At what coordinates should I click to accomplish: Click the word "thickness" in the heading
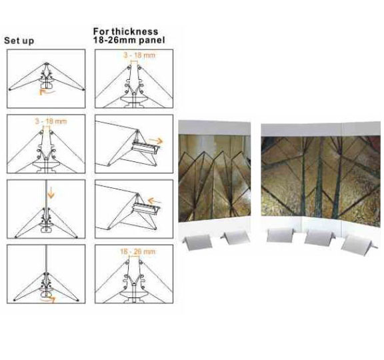click(135, 31)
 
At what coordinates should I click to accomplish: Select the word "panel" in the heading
click(152, 41)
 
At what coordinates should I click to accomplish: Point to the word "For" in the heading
click(101, 31)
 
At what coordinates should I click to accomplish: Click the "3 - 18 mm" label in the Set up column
click(51, 121)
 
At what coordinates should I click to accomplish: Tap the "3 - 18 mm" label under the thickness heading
click(139, 55)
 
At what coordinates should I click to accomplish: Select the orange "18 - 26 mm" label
click(137, 251)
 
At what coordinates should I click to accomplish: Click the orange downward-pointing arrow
click(51, 194)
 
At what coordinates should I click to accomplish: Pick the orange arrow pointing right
click(156, 141)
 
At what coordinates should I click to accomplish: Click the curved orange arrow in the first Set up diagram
click(47, 92)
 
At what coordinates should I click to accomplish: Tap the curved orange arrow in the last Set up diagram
click(48, 299)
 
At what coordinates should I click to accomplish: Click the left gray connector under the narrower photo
click(197, 243)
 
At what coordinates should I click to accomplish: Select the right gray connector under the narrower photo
click(235, 237)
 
